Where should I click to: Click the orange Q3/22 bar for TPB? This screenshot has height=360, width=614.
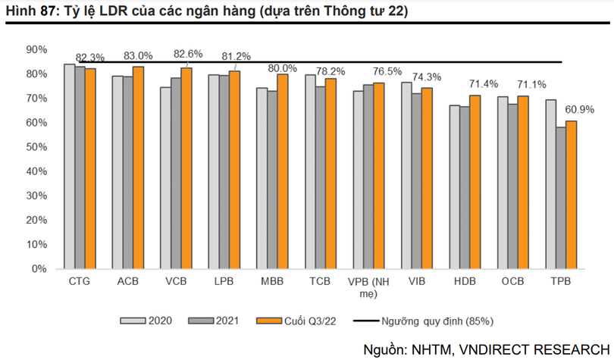click(572, 195)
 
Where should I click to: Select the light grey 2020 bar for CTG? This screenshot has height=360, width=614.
click(69, 167)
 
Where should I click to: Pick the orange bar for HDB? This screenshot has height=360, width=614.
click(475, 182)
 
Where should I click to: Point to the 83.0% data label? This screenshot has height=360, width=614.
click(138, 56)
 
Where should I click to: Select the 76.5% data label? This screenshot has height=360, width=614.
click(387, 71)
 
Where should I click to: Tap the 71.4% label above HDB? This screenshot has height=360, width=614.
click(483, 83)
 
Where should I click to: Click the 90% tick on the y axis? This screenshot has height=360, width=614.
click(36, 49)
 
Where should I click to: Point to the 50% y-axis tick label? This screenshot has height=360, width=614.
click(36, 147)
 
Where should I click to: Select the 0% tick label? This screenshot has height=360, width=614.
click(39, 269)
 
